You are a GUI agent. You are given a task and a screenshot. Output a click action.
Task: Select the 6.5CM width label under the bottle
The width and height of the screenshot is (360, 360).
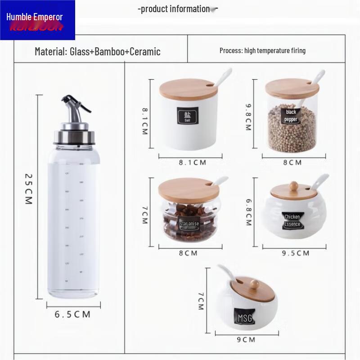(x=72, y=314)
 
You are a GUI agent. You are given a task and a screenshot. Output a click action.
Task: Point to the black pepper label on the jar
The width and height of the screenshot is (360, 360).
(x=291, y=116)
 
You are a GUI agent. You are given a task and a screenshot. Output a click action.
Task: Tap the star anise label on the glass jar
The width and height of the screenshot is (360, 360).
(x=189, y=223)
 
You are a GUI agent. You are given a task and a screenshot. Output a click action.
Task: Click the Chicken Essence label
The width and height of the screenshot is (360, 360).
(x=292, y=220)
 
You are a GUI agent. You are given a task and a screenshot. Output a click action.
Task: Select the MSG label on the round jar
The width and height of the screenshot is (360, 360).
(x=245, y=318)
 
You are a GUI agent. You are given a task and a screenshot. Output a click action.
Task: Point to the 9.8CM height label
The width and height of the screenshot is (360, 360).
(x=247, y=117)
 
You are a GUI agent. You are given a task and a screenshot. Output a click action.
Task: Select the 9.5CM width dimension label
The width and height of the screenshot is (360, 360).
(x=296, y=253)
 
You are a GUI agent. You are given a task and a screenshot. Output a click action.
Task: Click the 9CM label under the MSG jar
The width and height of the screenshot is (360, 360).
(x=246, y=339)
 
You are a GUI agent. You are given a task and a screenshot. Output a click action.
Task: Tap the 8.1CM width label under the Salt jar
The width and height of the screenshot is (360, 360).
(x=192, y=162)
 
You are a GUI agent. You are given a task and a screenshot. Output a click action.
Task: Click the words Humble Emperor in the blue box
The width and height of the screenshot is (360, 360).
(x=35, y=17)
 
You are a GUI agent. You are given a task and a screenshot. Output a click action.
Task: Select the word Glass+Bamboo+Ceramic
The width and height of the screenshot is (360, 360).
(x=115, y=51)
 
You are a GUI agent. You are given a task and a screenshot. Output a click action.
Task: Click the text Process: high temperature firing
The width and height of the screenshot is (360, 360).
(x=262, y=50)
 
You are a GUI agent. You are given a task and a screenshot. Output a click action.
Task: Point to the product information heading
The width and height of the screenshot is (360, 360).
(x=175, y=9)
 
